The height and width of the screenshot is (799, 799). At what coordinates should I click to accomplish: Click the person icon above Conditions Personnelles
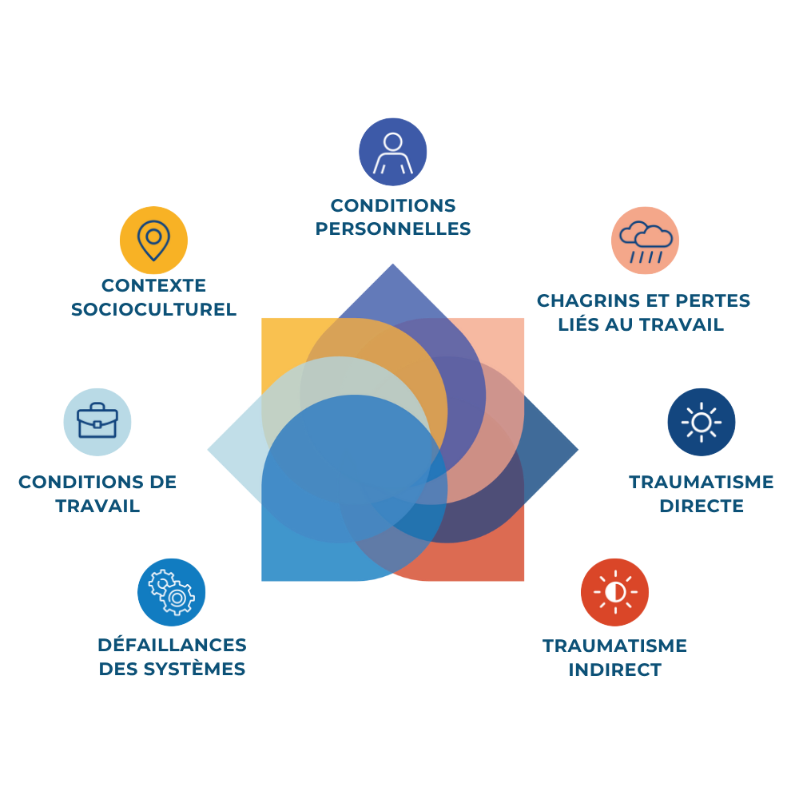392,152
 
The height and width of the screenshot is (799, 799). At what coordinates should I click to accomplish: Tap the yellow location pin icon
153,240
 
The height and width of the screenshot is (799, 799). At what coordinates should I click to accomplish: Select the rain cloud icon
646,240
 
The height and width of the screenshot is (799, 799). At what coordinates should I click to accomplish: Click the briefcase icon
97,421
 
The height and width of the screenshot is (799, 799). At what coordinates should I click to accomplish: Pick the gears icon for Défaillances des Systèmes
172,592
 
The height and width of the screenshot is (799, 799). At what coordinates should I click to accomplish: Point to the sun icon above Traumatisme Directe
701,422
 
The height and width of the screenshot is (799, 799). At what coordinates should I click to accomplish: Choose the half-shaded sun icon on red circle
614,592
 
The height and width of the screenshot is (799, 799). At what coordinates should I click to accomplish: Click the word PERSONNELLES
393,229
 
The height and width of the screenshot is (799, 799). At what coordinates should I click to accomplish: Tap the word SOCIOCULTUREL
153,310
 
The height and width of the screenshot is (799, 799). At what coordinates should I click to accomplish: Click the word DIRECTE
701,507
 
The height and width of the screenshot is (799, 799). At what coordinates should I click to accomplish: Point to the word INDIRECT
614,670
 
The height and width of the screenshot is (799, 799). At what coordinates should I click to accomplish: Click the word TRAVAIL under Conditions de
97,507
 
